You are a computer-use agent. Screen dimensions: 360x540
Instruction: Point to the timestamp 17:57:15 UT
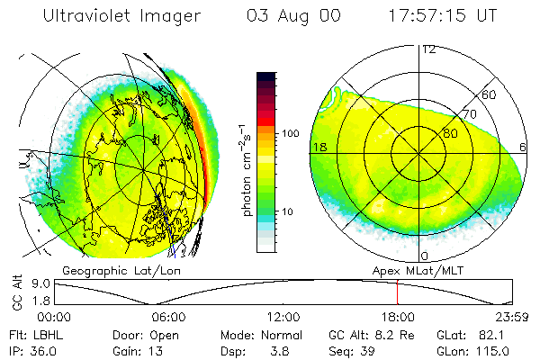[x=444, y=16]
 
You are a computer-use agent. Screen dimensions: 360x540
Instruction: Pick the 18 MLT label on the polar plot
[x=319, y=147]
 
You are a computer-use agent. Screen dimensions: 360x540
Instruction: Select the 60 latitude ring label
[x=490, y=95]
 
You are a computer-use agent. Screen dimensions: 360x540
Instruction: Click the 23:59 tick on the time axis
[x=510, y=317]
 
